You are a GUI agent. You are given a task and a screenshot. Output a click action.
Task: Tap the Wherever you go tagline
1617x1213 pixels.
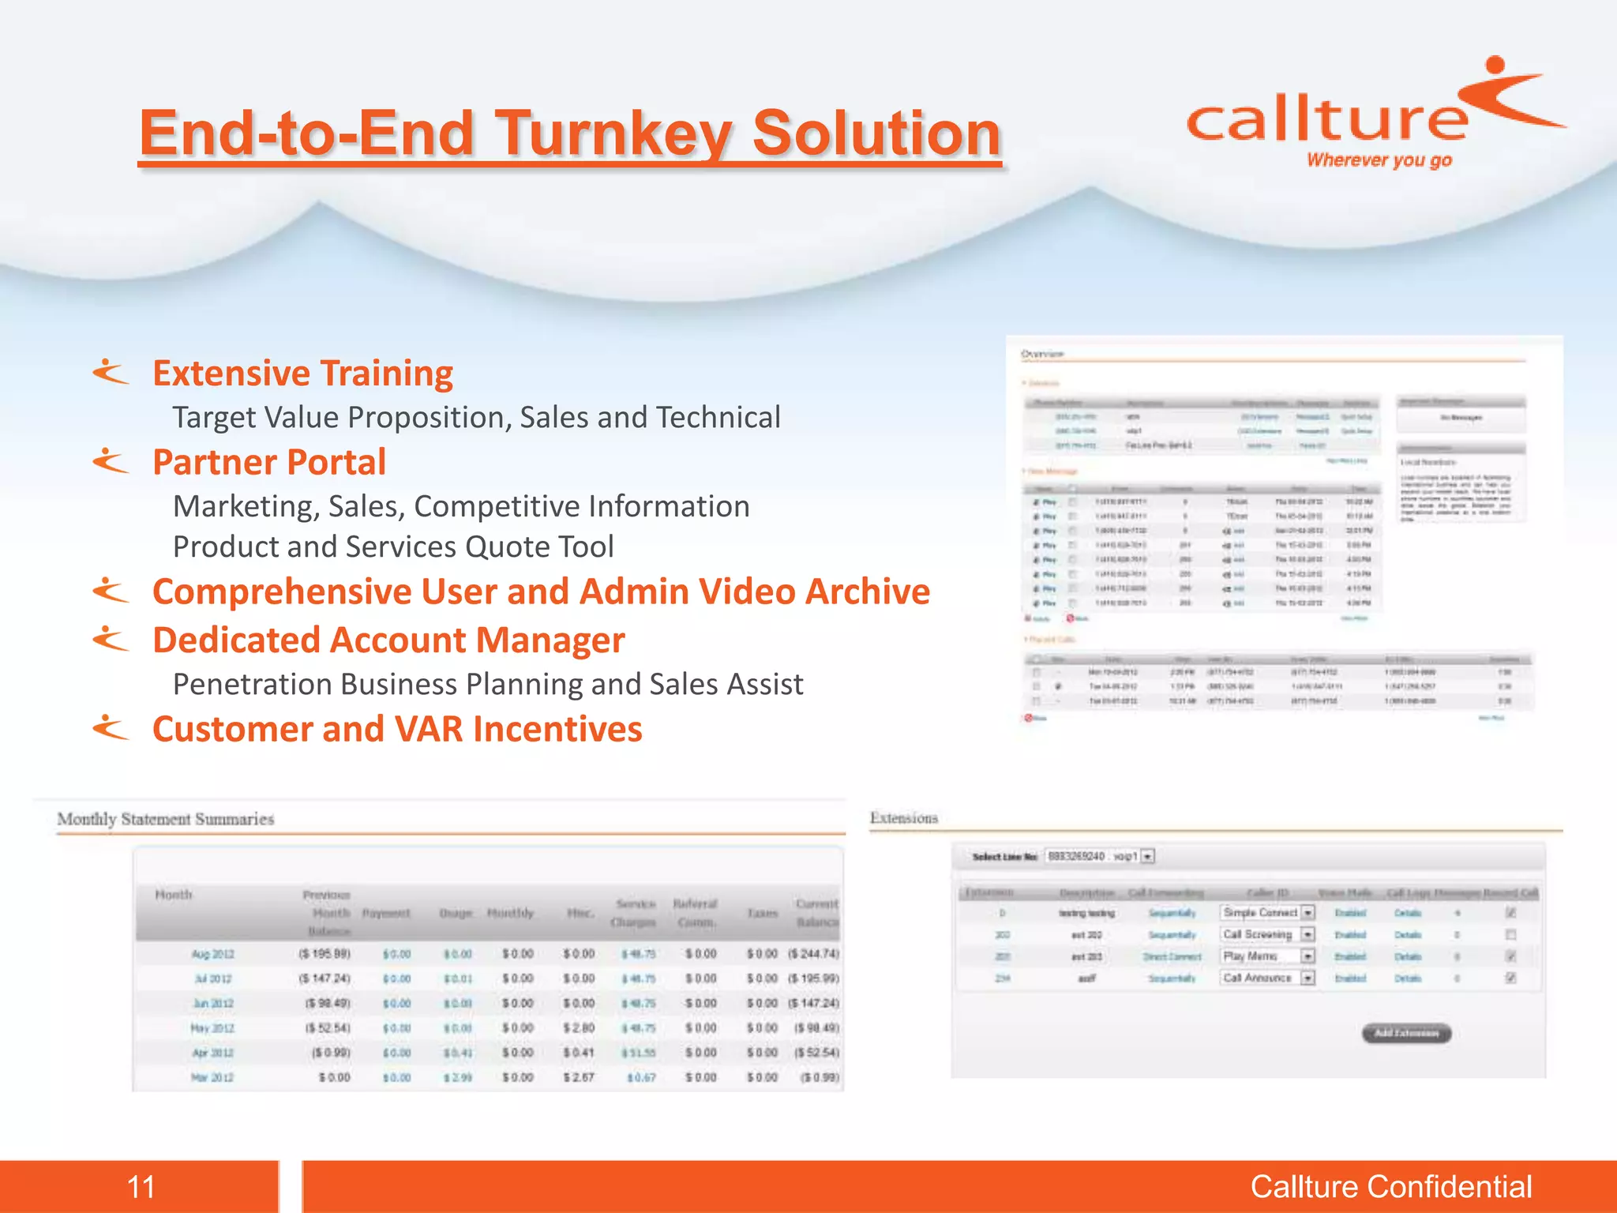1379,160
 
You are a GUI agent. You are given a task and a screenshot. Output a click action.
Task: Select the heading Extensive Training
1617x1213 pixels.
302,374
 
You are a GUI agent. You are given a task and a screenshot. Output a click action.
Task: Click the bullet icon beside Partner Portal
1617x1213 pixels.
111,460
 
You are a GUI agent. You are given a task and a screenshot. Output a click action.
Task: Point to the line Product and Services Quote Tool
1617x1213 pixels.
393,546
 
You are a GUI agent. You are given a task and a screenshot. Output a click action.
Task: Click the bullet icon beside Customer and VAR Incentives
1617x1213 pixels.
111,727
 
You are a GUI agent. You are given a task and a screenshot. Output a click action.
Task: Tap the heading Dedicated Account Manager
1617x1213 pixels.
388,640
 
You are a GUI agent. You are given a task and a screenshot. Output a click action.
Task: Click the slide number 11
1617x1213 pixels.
141,1186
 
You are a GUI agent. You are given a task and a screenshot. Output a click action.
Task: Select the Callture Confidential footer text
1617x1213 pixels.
1390,1186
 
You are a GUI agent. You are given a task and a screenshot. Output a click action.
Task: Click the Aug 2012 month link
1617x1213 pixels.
212,954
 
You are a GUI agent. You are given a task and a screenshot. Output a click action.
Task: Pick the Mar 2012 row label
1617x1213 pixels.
212,1077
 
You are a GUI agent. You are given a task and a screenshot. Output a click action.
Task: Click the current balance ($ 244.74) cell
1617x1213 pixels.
813,954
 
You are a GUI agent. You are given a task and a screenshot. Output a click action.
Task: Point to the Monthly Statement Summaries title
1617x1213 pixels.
166,819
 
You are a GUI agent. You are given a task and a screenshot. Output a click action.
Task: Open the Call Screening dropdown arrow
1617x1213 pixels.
1308,934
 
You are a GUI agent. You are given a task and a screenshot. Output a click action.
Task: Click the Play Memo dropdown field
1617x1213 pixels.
1259,956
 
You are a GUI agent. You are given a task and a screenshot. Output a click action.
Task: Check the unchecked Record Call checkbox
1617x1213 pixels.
1510,934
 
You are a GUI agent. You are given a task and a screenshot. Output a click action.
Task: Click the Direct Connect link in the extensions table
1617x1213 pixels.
1172,956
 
